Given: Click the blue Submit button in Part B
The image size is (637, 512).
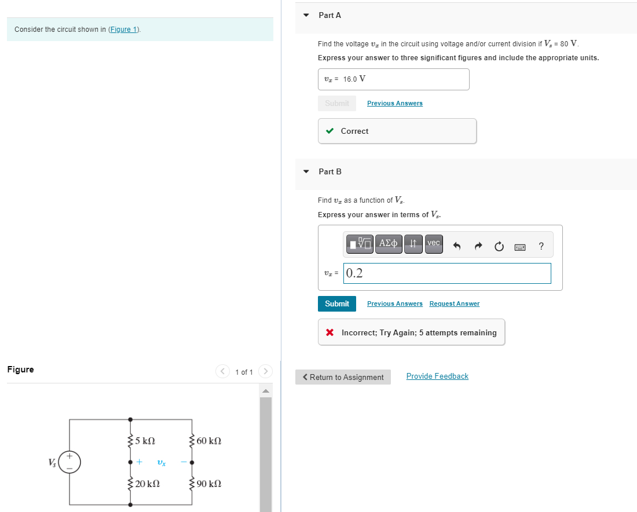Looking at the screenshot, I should click(x=336, y=303).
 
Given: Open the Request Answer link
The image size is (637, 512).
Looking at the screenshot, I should click(x=454, y=303).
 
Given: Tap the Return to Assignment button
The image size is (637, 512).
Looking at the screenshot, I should click(x=343, y=377).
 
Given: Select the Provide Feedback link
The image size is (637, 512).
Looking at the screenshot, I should click(x=437, y=376).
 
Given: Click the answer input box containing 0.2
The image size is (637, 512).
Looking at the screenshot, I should click(x=447, y=273).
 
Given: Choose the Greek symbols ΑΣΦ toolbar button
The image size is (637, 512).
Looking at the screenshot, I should click(x=388, y=243).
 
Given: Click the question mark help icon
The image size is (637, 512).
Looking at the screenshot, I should click(x=541, y=246).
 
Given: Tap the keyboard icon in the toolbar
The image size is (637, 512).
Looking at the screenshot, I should click(x=520, y=247).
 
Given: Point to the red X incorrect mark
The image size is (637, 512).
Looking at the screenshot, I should click(x=330, y=332).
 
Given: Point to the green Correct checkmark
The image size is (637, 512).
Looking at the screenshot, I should click(x=330, y=131).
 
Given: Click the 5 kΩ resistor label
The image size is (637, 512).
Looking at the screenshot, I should click(x=145, y=441).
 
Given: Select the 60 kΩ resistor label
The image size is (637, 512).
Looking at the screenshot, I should click(x=209, y=441).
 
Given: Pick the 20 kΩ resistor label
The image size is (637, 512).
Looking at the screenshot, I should click(x=147, y=484).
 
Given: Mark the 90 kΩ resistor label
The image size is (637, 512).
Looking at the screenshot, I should click(x=209, y=484).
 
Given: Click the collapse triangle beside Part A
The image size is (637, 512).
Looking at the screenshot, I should click(x=306, y=15).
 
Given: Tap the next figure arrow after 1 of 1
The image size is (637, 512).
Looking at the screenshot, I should click(x=265, y=371).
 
